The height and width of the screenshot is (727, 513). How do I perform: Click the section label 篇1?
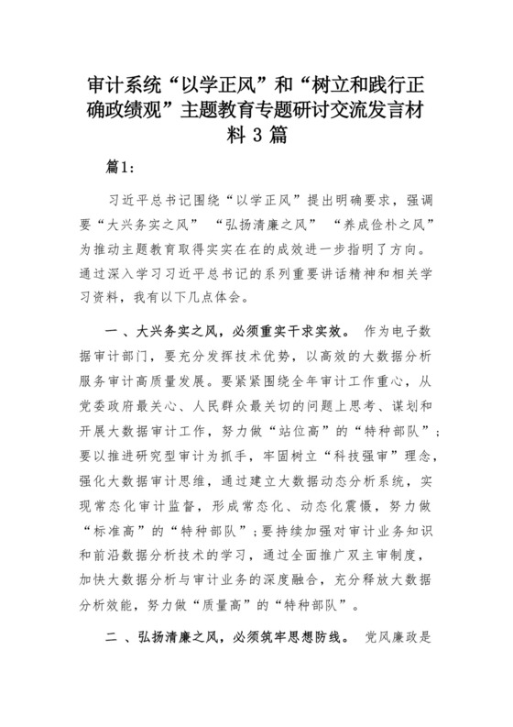121,168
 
